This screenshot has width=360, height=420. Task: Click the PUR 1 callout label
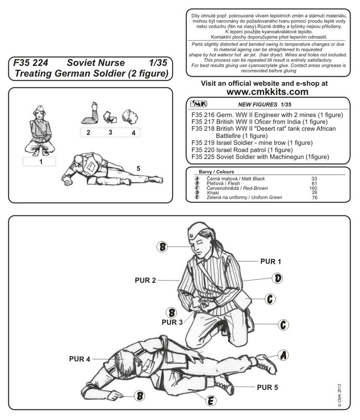click(271, 261)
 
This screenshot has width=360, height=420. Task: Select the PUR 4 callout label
click(80, 359)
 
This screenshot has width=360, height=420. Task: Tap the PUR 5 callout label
click(267, 387)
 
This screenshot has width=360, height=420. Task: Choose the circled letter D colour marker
click(277, 278)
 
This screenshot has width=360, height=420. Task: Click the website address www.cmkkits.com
click(267, 92)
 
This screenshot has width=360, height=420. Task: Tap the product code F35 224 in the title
click(30, 63)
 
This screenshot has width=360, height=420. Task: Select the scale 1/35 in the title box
click(158, 63)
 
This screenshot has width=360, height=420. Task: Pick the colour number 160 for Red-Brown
click(314, 188)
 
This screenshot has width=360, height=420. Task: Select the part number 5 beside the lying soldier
click(138, 168)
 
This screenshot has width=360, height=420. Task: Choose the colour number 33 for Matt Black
click(314, 179)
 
